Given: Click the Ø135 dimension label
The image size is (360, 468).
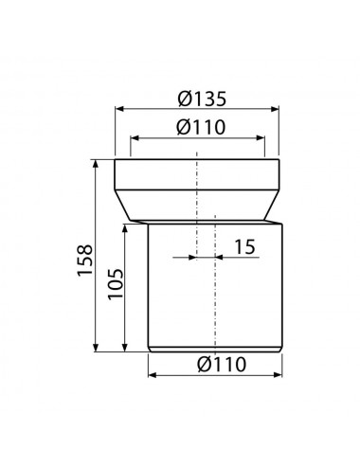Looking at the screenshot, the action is (x=202, y=99).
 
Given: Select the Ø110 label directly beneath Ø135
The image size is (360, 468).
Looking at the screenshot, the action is (x=201, y=127).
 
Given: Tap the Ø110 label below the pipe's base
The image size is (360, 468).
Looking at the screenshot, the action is (x=222, y=364).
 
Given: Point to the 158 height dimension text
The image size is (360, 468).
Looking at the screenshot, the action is (x=85, y=261).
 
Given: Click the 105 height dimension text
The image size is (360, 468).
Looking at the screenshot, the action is (x=116, y=284).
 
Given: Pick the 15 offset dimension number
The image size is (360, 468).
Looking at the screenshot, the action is (x=244, y=247).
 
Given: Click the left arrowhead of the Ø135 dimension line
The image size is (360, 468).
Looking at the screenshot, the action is (x=119, y=109).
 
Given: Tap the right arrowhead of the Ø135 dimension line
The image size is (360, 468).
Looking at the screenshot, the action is (x=275, y=109).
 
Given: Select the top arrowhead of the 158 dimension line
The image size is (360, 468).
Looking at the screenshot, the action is (x=96, y=164).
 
